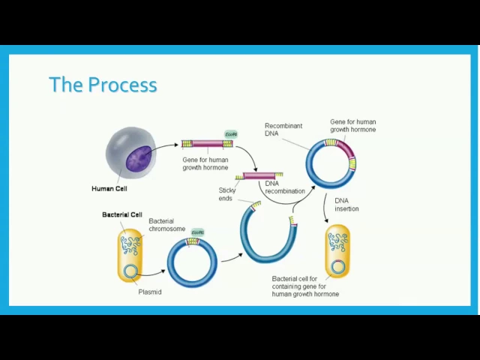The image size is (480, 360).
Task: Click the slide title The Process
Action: pos(103,84)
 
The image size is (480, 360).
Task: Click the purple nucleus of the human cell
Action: pos(137,157)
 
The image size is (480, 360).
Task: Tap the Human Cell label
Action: pos(109,189)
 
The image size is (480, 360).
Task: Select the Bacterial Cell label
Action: pos(122,214)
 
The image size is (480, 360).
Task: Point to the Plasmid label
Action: pos(150,292)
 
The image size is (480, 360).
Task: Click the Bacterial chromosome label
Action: pos(166,224)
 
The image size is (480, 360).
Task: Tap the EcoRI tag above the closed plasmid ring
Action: pos(197,232)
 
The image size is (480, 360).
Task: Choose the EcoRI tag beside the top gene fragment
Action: pos(231,134)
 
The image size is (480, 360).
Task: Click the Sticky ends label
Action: pos(227,194)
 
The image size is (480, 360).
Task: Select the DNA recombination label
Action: pos(285,187)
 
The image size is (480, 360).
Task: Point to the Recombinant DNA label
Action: pos(281,129)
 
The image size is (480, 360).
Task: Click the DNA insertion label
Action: pos(346,204)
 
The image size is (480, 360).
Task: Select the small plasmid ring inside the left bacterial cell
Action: pos(130,271)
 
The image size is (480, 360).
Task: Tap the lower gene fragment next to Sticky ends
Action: pos(259,175)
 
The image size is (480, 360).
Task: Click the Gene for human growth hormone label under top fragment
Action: pos(205,163)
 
